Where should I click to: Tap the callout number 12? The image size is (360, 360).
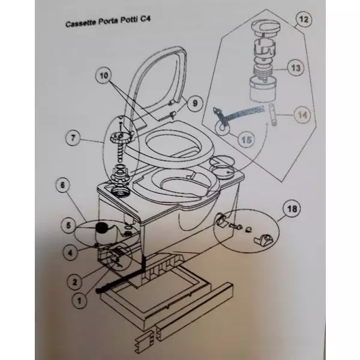coord(304,19)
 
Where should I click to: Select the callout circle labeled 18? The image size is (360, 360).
coord(292,210)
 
